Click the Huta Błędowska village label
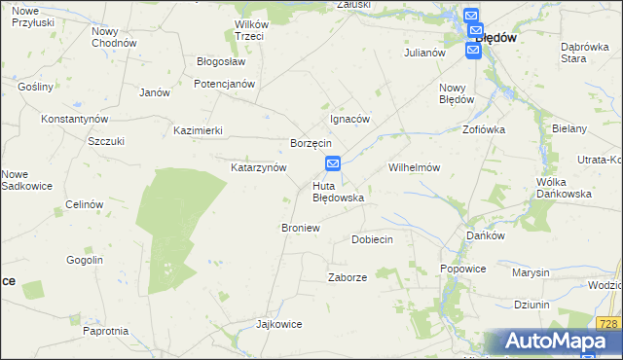[338, 191]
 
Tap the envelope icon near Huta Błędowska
[333, 164]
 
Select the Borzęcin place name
[311, 143]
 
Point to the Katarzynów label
[258, 167]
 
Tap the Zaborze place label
[348, 277]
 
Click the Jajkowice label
[275, 323]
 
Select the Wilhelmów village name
[415, 167]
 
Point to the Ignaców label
[350, 119]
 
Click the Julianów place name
[424, 53]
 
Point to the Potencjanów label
[224, 84]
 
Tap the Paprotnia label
[106, 331]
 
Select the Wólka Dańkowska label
[565, 188]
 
